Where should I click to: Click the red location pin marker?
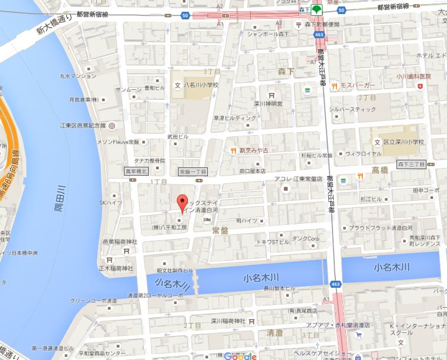pyautogui.click(x=182, y=202)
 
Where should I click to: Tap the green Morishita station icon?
pyautogui.click(x=315, y=9)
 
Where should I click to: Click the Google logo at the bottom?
pyautogui.click(x=241, y=355)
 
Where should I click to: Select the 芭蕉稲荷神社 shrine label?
pyautogui.click(x=120, y=241)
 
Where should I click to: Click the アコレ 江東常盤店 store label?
pyautogui.click(x=307, y=179)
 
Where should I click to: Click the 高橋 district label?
pyautogui.click(x=381, y=170)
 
